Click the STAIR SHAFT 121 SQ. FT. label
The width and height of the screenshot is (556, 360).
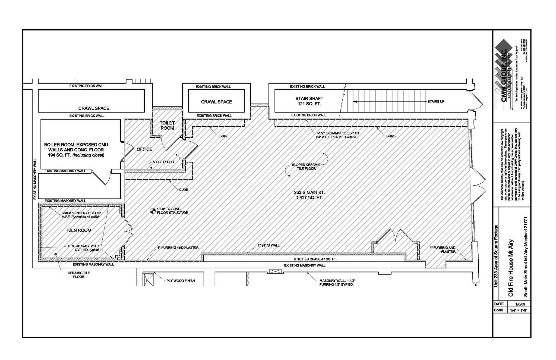click(x=309, y=101)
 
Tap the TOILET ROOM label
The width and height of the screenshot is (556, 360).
click(x=167, y=126)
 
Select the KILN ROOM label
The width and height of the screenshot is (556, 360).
click(x=79, y=230)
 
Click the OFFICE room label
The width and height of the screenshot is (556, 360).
click(x=144, y=149)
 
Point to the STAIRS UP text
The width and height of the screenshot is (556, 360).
click(x=436, y=101)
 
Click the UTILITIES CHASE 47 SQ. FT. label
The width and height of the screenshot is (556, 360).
click(x=315, y=259)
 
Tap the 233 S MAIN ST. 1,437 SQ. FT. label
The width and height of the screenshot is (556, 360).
click(x=309, y=195)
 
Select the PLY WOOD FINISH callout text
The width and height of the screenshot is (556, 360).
click(x=181, y=281)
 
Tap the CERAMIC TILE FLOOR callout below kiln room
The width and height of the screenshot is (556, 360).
click(x=79, y=275)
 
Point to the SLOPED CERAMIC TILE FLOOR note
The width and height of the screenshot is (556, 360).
click(x=306, y=167)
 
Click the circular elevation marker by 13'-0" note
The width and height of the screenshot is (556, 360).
click(x=153, y=211)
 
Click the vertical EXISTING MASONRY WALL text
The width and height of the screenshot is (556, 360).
click(x=35, y=179)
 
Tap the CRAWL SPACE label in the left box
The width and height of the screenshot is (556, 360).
click(x=94, y=108)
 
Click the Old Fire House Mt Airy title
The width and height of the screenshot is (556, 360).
click(x=511, y=268)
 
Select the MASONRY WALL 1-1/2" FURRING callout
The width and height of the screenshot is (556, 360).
click(x=337, y=283)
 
